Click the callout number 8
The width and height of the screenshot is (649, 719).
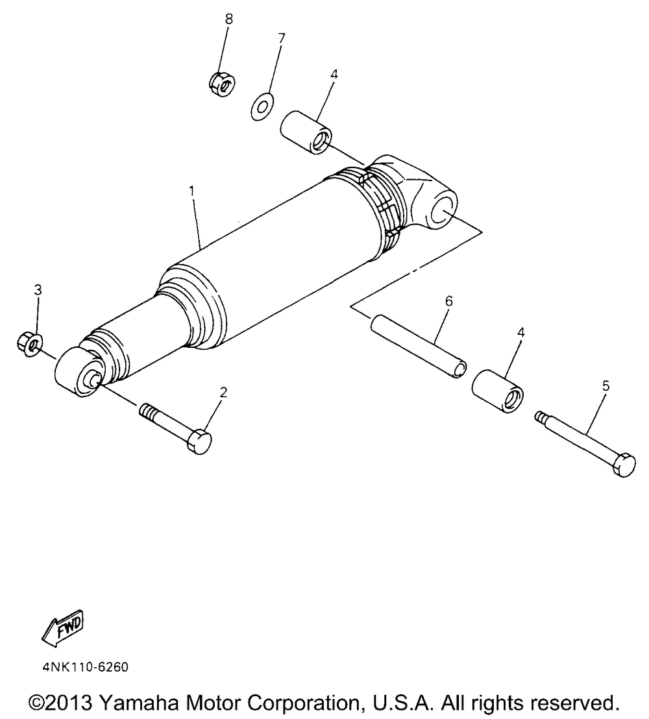pos(228,19)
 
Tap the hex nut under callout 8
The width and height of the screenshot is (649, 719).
pos(221,82)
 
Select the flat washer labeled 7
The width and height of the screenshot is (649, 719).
pos(262,105)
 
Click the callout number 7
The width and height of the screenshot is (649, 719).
pos(281,38)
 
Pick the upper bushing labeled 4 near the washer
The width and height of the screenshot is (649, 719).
pos(306,132)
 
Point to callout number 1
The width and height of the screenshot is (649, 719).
pos(191,191)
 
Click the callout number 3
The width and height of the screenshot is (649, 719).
pos(38,289)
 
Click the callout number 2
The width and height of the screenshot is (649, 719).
pos(223,392)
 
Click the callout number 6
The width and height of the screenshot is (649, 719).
pos(448,300)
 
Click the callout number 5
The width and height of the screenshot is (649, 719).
pos(606,385)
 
